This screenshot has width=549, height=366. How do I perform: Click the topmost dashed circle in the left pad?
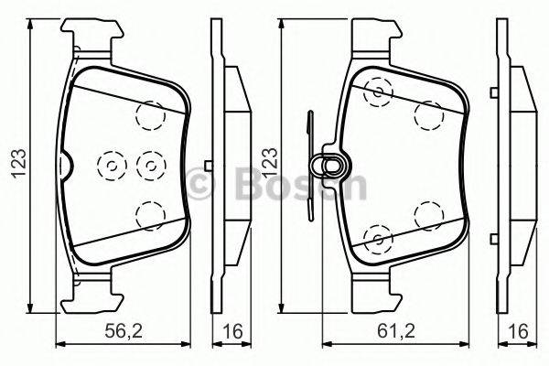tap(147, 114)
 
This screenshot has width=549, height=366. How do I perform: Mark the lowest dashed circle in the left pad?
tap(147, 215)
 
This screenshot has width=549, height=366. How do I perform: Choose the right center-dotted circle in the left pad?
tap(147, 165)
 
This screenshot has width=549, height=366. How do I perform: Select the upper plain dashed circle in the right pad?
tap(427, 114)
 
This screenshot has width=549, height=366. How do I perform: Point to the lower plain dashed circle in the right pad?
tap(427, 215)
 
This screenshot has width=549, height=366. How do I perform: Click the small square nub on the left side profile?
tap(210, 165)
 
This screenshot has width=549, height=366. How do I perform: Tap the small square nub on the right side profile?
tap(494, 165)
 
